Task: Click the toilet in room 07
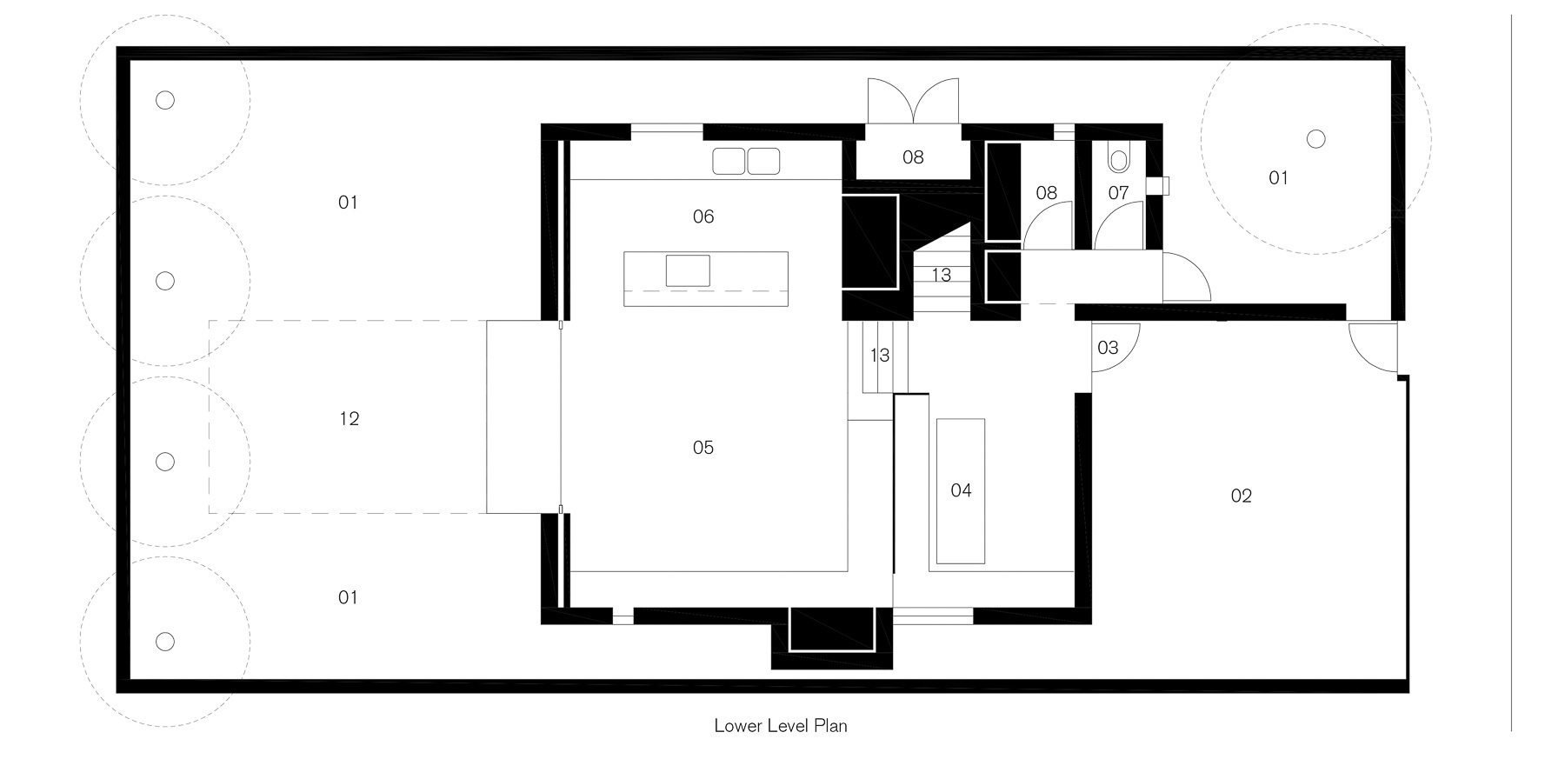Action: tap(1118, 160)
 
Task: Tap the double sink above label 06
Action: tap(746, 161)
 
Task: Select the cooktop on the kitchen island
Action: tap(688, 270)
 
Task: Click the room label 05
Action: tap(703, 448)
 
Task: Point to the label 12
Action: tap(349, 419)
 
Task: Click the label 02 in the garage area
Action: tap(1242, 496)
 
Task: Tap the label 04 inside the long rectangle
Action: tap(961, 490)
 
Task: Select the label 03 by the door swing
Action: tap(1108, 348)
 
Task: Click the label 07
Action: tap(1118, 193)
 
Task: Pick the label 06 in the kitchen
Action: tap(703, 216)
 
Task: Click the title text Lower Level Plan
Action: tap(781, 725)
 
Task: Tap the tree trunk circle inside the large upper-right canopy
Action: tap(1316, 138)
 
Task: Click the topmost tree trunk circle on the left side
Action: tap(165, 100)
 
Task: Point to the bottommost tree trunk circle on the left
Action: tap(165, 642)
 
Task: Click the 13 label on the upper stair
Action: tap(941, 276)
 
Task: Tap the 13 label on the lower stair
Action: tap(880, 355)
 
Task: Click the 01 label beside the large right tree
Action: tap(1278, 178)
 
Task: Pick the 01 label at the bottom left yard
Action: tap(348, 597)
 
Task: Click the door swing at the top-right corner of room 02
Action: tap(1369, 343)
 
